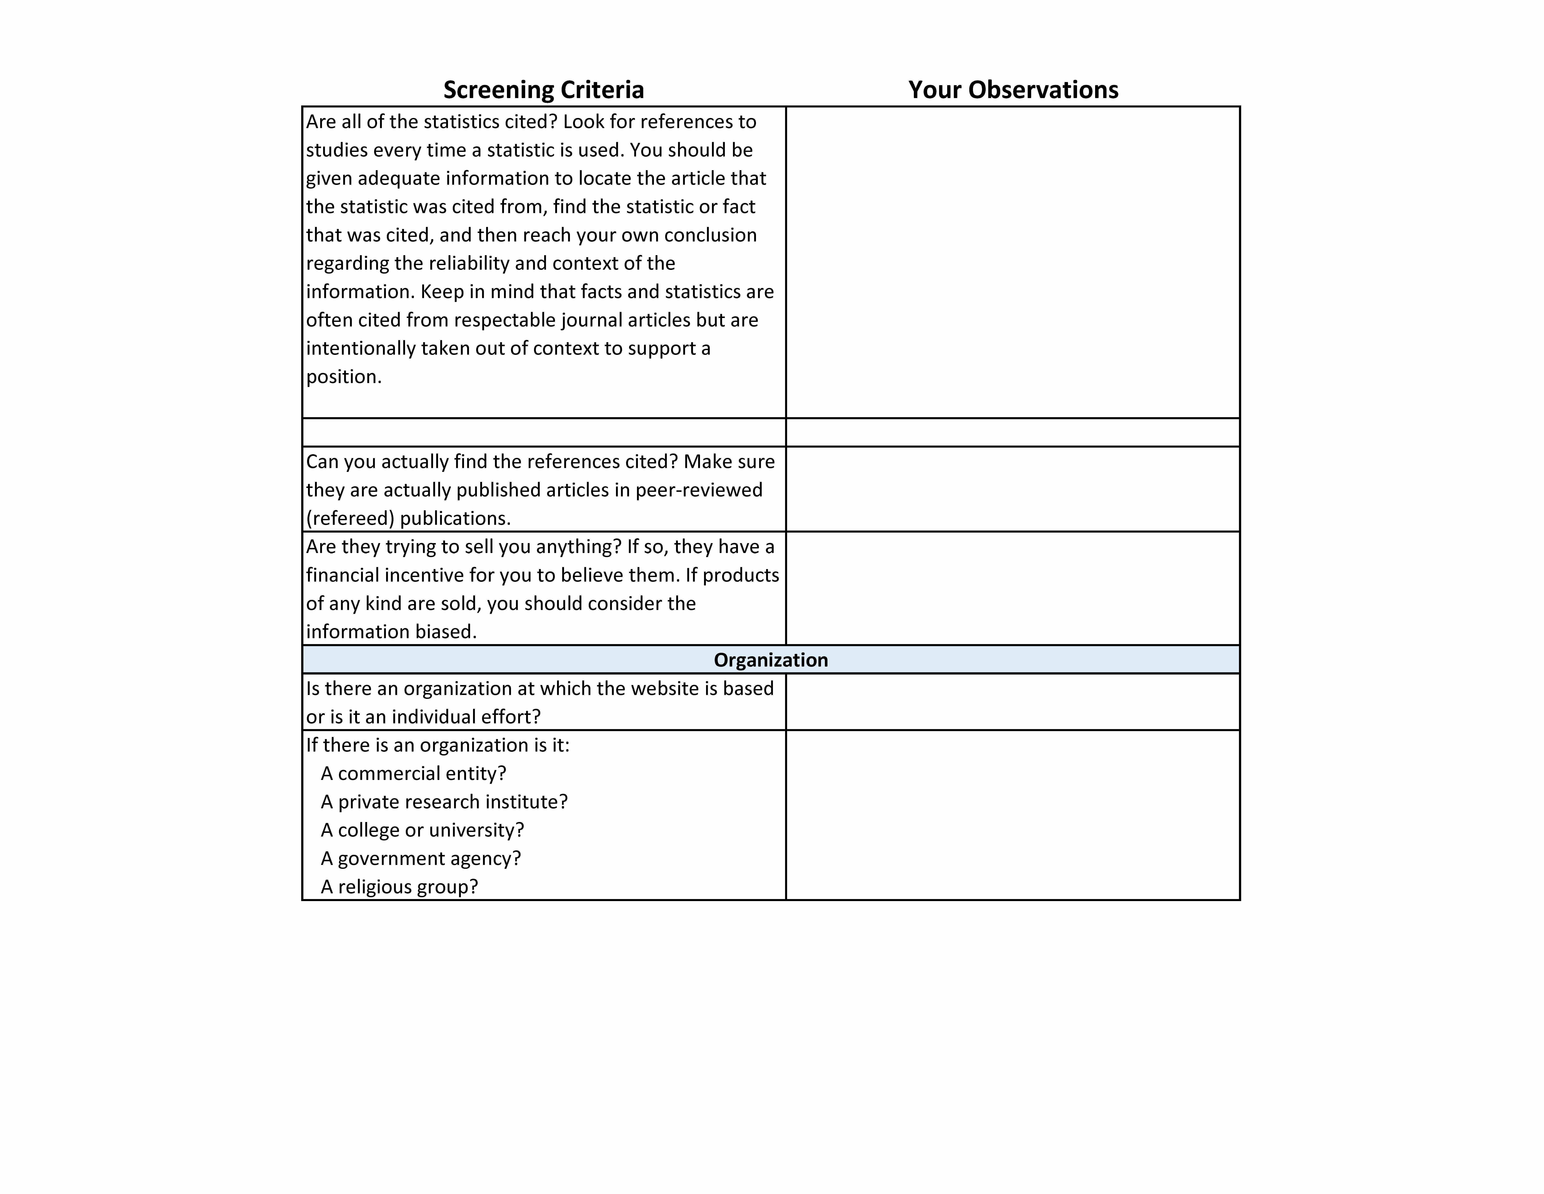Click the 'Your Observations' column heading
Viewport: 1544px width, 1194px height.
tap(1013, 90)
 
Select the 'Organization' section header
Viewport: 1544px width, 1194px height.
tap(771, 660)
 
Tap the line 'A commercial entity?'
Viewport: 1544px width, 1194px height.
tap(414, 773)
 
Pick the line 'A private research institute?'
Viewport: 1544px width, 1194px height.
tap(444, 801)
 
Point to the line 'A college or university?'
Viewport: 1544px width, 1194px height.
tap(422, 830)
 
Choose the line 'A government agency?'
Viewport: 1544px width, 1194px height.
tap(421, 858)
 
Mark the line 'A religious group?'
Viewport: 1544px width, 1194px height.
tap(399, 886)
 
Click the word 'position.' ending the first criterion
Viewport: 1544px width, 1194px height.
tap(344, 376)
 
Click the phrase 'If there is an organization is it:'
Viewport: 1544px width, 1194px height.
tap(438, 745)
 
